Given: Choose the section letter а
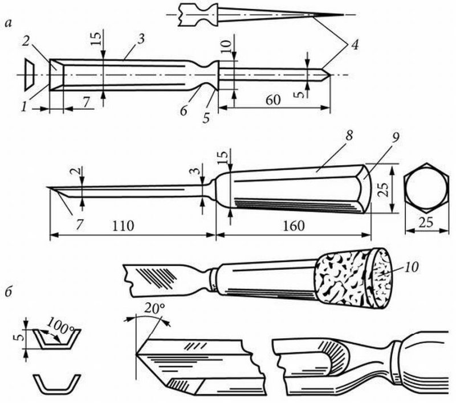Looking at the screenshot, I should (7, 23).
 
